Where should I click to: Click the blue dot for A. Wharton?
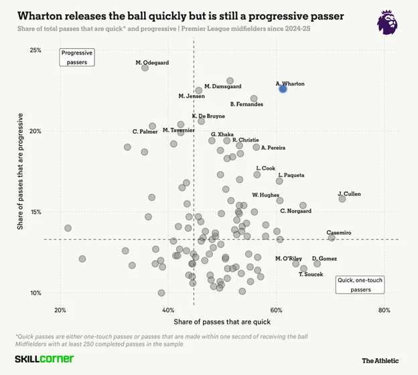tap(283, 88)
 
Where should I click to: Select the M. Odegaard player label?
tap(152, 63)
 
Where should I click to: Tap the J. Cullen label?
tap(349, 194)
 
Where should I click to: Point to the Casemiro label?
tap(338, 233)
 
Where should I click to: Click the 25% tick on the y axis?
tap(35, 51)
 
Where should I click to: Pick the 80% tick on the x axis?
tap(384, 310)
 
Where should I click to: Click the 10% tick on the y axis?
tap(35, 293)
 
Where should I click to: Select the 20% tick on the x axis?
tap(60, 310)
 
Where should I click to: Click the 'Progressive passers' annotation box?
tap(77, 57)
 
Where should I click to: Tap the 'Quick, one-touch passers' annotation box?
tap(360, 285)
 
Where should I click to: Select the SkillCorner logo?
tap(44, 360)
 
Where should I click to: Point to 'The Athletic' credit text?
tap(380, 360)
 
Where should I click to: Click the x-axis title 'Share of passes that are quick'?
tap(221, 322)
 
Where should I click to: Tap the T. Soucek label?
tap(311, 274)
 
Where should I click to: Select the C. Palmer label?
tap(145, 132)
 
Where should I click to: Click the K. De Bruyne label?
tap(208, 116)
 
